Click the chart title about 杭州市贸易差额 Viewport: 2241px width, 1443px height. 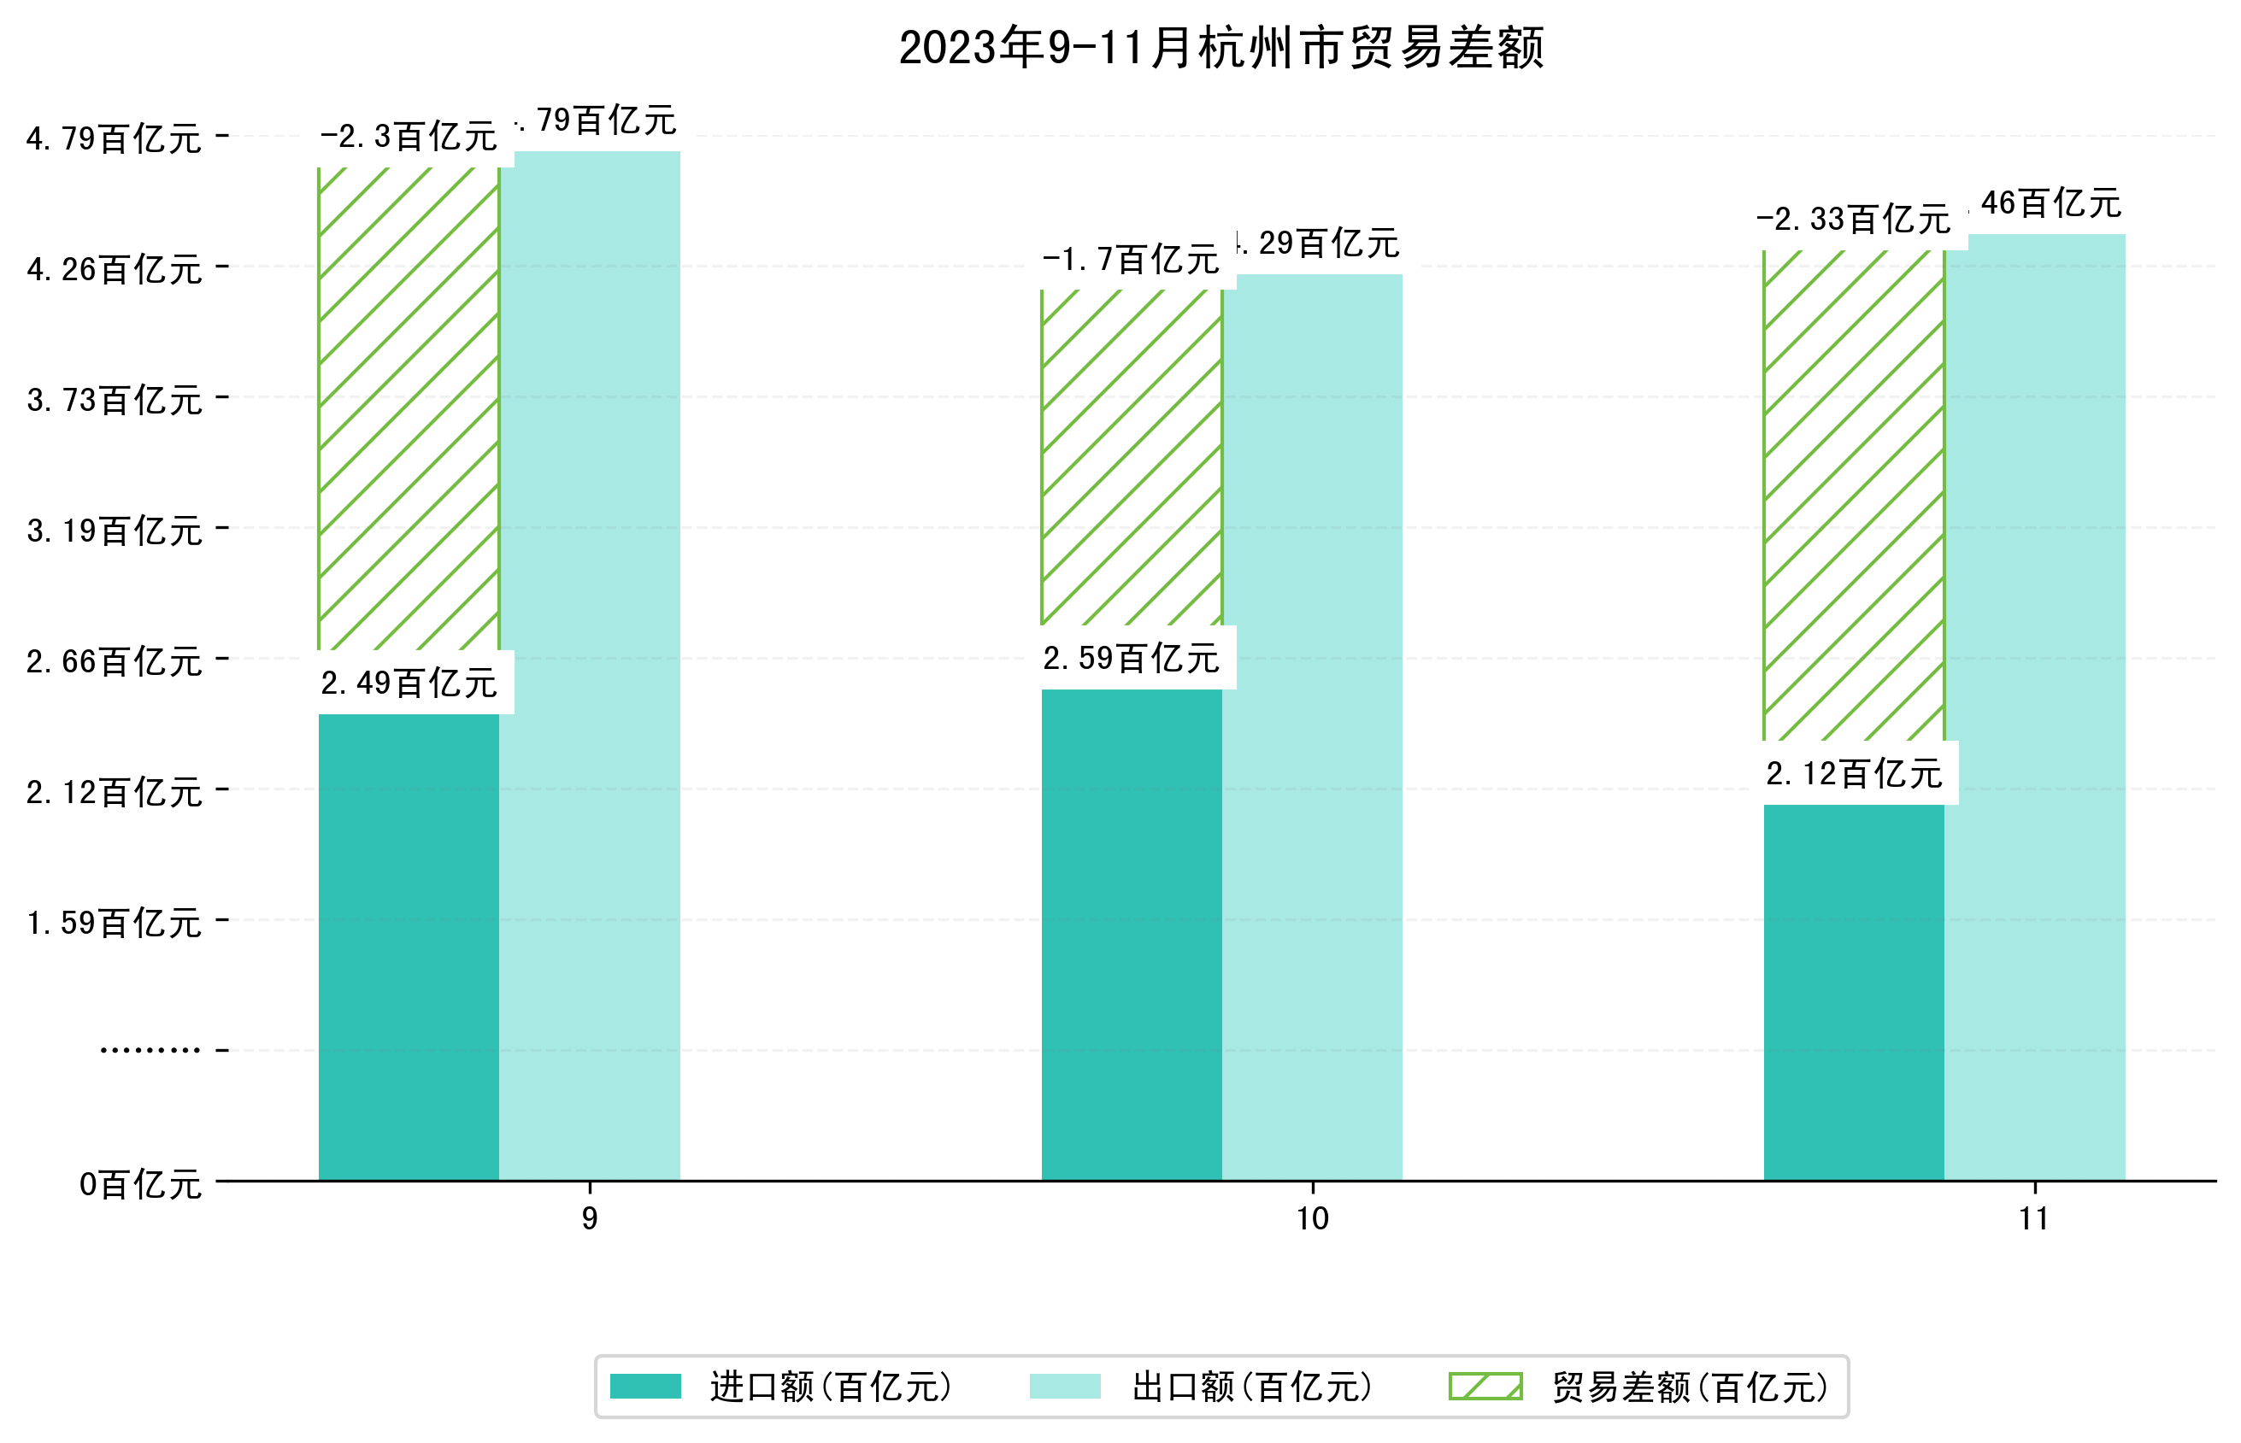(1220, 47)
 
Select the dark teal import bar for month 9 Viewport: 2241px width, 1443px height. (409, 947)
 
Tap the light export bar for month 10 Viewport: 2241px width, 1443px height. (1311, 730)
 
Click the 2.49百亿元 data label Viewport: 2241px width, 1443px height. (409, 683)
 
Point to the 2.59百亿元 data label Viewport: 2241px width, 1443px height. (1131, 658)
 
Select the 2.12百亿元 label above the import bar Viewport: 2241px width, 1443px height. (1853, 773)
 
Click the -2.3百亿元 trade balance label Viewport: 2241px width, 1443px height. (409, 137)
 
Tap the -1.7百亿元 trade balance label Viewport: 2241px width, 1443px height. (1131, 259)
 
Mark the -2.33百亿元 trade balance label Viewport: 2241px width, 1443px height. (1853, 220)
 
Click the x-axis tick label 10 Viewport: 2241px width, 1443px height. (1311, 1218)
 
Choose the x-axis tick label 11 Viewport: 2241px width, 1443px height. (2033, 1218)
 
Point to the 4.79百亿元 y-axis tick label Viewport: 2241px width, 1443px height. (115, 138)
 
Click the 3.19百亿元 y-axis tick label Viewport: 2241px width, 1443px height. (115, 531)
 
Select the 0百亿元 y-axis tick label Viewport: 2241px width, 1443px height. (140, 1184)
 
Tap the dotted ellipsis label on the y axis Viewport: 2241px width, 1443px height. (150, 1050)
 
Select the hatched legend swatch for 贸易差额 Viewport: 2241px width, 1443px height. (1485, 1386)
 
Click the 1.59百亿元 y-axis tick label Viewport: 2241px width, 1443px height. (115, 923)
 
